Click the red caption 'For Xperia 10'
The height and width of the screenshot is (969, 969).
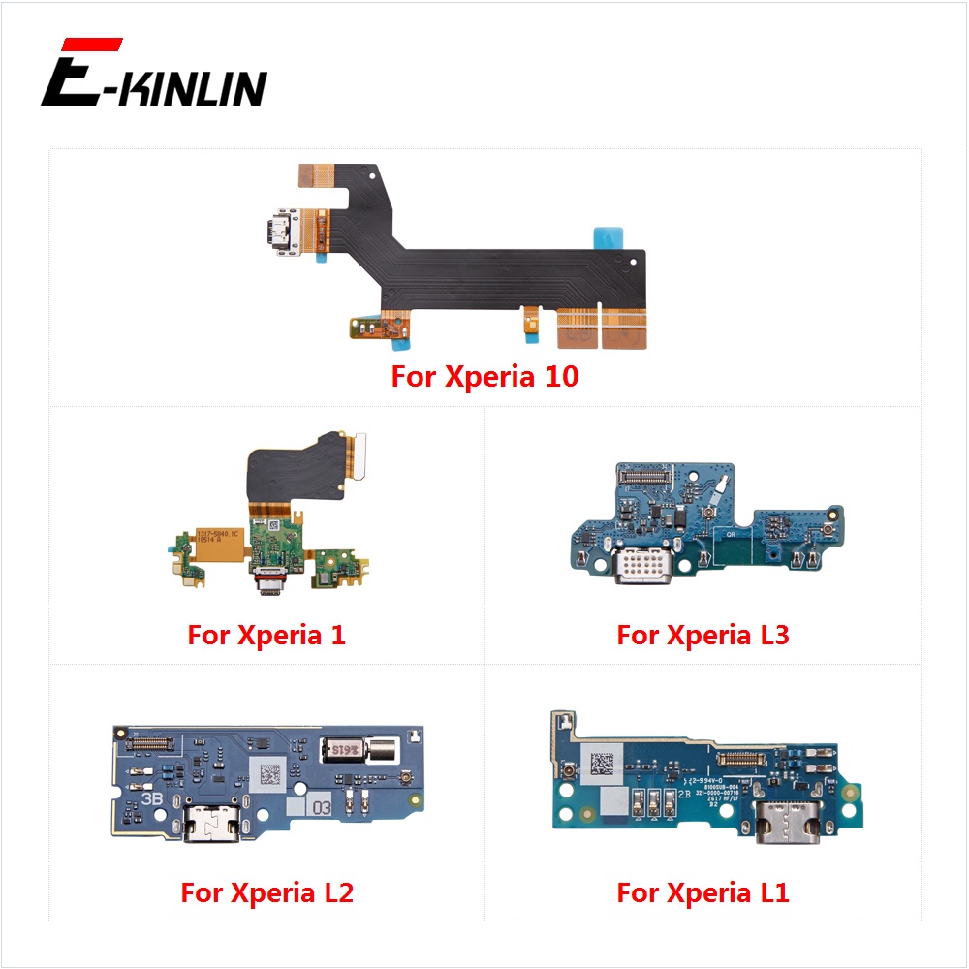coord(484,376)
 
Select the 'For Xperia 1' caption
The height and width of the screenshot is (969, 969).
coord(266,636)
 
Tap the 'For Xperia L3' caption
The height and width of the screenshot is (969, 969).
coord(703,636)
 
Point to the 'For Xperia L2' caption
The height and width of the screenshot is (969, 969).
coord(266,892)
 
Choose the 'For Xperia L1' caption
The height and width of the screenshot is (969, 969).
coord(703,892)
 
